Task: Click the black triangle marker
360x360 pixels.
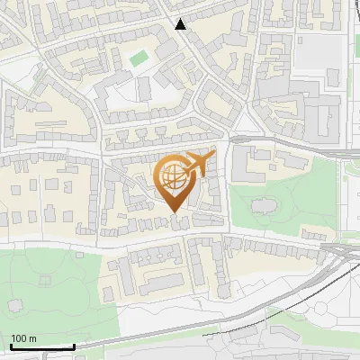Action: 181,24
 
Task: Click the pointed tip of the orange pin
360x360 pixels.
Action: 174,211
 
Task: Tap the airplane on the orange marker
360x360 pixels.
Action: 199,164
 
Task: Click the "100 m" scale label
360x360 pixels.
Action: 23,338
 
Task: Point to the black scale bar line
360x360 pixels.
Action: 41,346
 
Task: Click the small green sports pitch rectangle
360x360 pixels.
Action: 138,58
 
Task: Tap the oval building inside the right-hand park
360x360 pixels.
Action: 263,207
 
